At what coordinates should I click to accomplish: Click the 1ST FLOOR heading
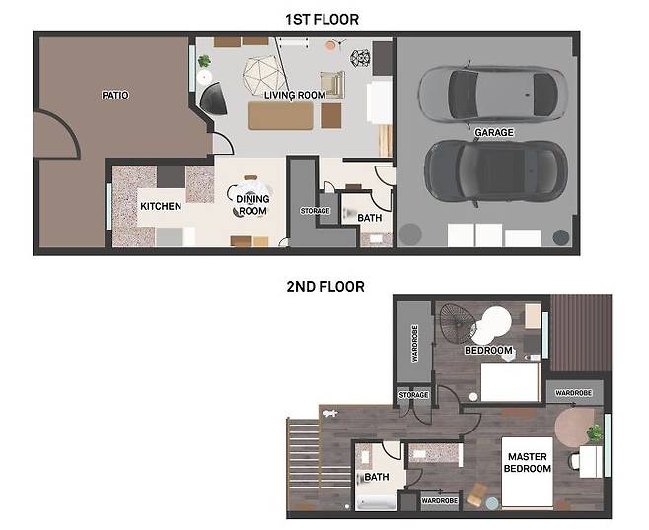click(x=322, y=20)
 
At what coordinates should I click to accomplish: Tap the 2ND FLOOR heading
click(x=325, y=286)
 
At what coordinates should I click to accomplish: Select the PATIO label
click(x=115, y=96)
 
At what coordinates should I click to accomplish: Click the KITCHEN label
click(x=161, y=206)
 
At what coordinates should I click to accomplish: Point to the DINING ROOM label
click(x=252, y=205)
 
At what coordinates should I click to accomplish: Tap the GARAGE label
click(x=494, y=132)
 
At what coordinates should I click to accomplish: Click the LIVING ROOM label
click(x=295, y=96)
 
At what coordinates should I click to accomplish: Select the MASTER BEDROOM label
click(x=528, y=463)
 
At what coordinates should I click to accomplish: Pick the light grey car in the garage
click(x=492, y=95)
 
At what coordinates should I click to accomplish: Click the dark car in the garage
click(x=496, y=170)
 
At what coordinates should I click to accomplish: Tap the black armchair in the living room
click(x=214, y=99)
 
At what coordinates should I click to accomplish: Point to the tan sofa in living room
click(x=280, y=116)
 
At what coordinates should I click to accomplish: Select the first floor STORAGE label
click(x=315, y=211)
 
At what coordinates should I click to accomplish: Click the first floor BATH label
click(x=370, y=218)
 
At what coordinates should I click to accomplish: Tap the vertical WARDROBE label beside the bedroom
click(x=414, y=344)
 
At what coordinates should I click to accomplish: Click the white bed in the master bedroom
click(x=528, y=473)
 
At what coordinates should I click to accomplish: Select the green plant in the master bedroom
click(x=595, y=432)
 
